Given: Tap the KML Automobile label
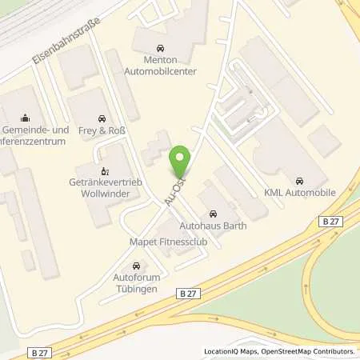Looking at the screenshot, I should click(x=299, y=194).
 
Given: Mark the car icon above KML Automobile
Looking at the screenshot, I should click(x=299, y=179).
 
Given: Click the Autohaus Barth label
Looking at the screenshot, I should click(x=213, y=226).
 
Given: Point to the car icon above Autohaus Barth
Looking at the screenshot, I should click(x=213, y=213).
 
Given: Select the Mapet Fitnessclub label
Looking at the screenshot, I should click(x=158, y=242).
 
